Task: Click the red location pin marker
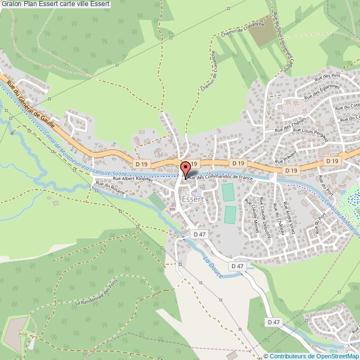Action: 186,168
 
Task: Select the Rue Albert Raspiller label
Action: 132,178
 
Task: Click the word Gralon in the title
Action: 11,4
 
